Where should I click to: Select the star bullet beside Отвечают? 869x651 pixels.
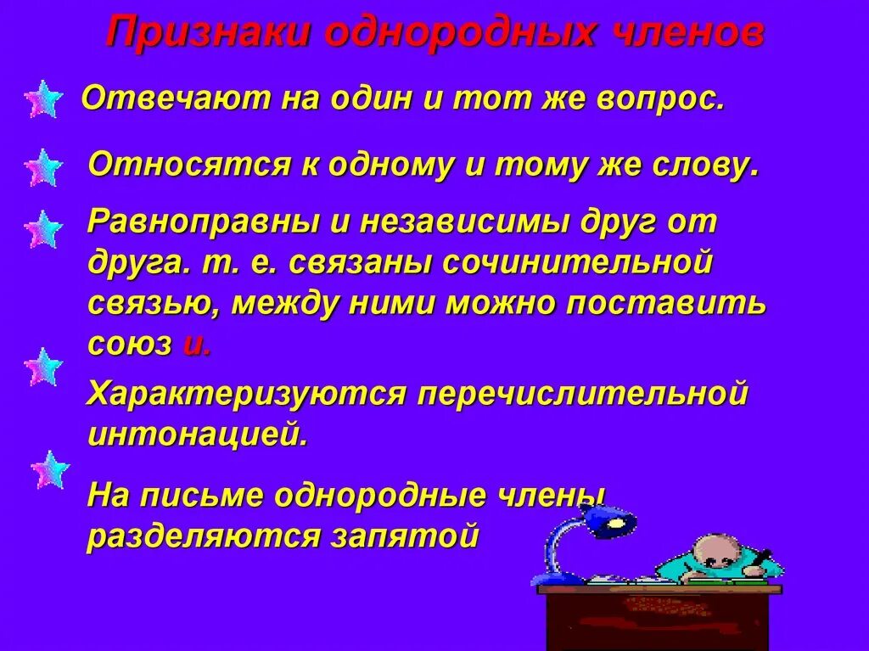[x=42, y=100]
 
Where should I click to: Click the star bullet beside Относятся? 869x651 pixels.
[x=42, y=167]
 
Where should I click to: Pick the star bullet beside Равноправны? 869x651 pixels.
[x=42, y=229]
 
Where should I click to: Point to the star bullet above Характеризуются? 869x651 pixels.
[x=42, y=367]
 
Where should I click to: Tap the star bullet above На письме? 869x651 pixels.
[x=50, y=469]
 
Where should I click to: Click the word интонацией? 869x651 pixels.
[x=196, y=435]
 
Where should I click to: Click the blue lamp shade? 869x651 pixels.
[x=610, y=520]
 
